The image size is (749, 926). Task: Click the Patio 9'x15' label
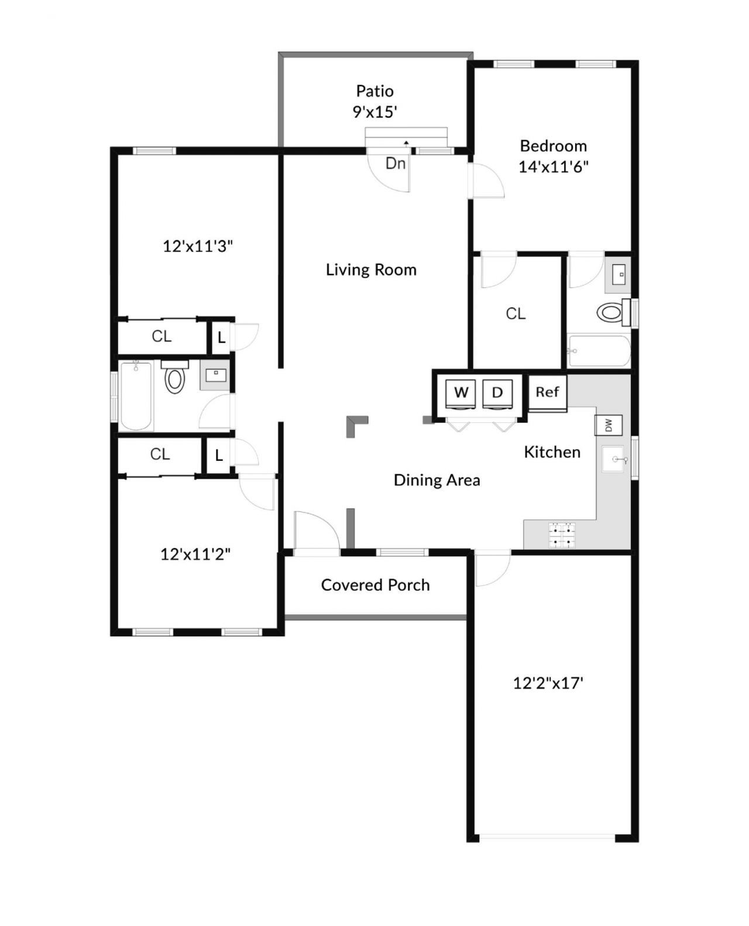[375, 101]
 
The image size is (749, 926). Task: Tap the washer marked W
[461, 393]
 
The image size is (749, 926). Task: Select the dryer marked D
[497, 393]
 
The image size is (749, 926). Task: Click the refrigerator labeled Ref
[547, 393]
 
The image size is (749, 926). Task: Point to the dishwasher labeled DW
[608, 425]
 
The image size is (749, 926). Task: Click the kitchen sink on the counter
[614, 459]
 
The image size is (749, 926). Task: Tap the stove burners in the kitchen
[561, 535]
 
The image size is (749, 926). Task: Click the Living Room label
[371, 270]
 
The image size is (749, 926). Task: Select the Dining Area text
[437, 480]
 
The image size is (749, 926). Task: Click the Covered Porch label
[375, 585]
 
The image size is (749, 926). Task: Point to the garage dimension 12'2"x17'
[548, 683]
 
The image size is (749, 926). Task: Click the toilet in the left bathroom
[174, 378]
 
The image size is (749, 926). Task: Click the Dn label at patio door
[396, 163]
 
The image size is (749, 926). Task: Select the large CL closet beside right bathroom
[516, 314]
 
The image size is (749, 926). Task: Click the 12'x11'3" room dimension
[198, 246]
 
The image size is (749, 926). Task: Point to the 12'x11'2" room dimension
[195, 554]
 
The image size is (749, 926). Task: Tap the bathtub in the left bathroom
[136, 396]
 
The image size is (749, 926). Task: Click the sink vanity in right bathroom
[619, 274]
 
